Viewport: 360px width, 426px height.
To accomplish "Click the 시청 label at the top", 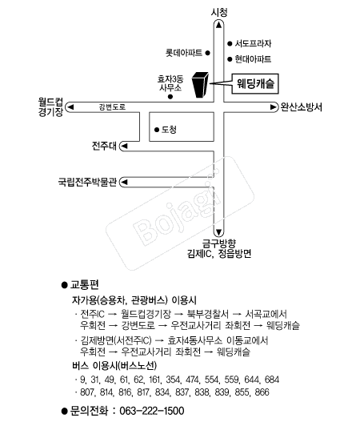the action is pyautogui.click(x=219, y=12).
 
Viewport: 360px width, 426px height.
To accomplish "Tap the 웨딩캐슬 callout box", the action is pyautogui.click(x=255, y=83).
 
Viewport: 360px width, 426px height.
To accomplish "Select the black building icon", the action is pyautogui.click(x=200, y=85).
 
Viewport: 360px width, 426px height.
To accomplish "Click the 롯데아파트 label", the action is pyautogui.click(x=184, y=53).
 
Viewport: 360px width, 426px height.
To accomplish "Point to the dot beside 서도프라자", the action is pyautogui.click(x=230, y=43).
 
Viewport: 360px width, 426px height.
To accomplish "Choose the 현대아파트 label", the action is pyautogui.click(x=253, y=59).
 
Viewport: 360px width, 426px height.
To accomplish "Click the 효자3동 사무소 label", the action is pyautogui.click(x=170, y=83).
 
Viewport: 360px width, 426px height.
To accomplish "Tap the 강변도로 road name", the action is pyautogui.click(x=112, y=106).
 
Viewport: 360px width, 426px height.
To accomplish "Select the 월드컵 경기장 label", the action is pyautogui.click(x=50, y=107).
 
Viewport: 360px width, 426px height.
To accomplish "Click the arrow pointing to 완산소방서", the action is pyautogui.click(x=273, y=107).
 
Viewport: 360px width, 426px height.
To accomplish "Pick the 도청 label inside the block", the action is pyautogui.click(x=169, y=130).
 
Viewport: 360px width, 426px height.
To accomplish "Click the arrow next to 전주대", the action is pyautogui.click(x=124, y=147).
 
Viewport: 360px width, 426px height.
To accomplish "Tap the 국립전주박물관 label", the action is pyautogui.click(x=87, y=182).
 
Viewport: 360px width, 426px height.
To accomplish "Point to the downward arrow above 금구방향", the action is pyautogui.click(x=218, y=232).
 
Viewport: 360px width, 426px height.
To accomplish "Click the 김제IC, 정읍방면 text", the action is pyautogui.click(x=219, y=254).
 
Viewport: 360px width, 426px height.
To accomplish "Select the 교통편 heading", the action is pyautogui.click(x=85, y=285).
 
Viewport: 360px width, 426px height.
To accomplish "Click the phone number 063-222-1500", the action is pyautogui.click(x=152, y=411).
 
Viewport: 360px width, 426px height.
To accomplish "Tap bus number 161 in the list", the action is pyautogui.click(x=154, y=380).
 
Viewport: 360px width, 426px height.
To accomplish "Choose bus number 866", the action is pyautogui.click(x=262, y=392).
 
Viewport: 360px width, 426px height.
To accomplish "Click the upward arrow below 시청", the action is pyautogui.click(x=218, y=26).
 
